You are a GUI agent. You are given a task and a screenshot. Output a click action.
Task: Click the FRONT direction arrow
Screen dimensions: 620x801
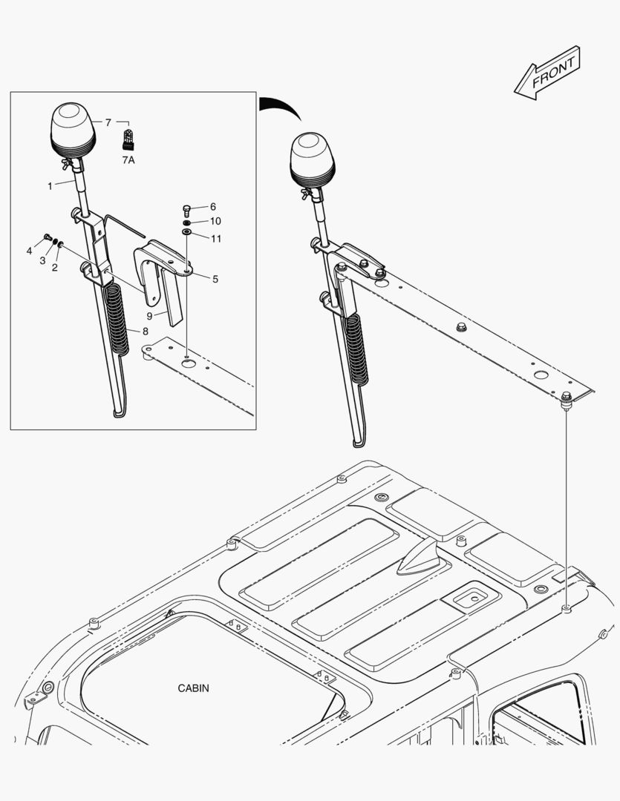[x=547, y=73]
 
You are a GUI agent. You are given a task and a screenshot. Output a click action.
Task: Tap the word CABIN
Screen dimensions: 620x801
[x=193, y=688]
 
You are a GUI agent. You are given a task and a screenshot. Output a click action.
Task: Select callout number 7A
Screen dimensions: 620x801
[x=128, y=160]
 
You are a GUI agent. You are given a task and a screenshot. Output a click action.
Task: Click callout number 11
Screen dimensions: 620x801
[x=216, y=239]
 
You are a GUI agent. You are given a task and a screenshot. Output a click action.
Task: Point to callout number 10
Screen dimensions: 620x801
[x=215, y=221]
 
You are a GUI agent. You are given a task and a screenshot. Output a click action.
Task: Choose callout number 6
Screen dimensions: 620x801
[x=213, y=206]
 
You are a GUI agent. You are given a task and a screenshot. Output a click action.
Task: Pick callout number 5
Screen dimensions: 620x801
[x=215, y=279]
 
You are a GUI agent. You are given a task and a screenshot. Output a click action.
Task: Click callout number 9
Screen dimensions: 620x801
[x=149, y=316]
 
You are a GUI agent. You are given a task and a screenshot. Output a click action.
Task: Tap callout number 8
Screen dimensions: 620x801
[x=146, y=332]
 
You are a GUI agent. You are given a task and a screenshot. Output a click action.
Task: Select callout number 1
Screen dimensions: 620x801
[x=50, y=186]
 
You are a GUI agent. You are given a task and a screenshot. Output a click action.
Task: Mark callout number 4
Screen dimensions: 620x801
[x=29, y=251]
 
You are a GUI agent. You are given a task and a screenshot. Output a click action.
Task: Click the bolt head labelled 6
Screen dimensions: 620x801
[x=186, y=210]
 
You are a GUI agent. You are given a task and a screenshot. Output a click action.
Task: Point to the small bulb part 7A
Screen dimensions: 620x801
[x=128, y=139]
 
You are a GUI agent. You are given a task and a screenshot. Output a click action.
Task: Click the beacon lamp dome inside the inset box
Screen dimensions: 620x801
[x=73, y=131]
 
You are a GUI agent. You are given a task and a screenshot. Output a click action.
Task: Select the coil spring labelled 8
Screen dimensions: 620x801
[x=117, y=319]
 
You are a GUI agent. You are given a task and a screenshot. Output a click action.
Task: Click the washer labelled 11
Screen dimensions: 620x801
[x=186, y=232]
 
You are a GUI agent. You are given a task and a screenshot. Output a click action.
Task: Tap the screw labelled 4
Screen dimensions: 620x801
[x=48, y=237]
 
